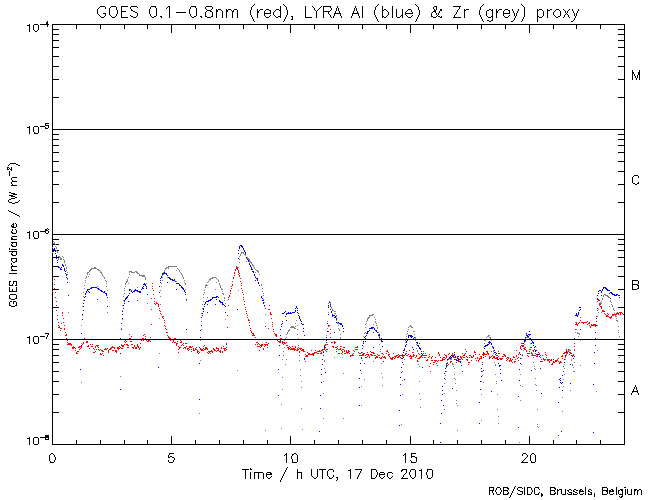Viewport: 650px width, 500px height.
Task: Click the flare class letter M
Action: [x=635, y=76]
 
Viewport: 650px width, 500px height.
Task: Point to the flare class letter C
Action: [x=635, y=180]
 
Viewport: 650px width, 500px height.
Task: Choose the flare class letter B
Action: [x=635, y=287]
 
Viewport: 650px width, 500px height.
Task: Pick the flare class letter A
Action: [x=635, y=390]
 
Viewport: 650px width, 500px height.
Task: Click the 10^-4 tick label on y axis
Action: [x=33, y=25]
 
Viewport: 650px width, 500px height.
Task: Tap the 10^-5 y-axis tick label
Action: [x=33, y=130]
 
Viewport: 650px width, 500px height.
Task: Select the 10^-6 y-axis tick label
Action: [x=33, y=234]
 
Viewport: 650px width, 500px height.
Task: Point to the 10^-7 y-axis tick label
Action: [x=33, y=339]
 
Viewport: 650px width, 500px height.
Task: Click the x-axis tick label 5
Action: [x=171, y=455]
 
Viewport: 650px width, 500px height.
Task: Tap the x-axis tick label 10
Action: [x=290, y=455]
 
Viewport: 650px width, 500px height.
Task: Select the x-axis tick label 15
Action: [x=410, y=455]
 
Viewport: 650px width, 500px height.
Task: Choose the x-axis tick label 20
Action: [x=528, y=455]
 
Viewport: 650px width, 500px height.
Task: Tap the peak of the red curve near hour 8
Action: [x=237, y=267]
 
